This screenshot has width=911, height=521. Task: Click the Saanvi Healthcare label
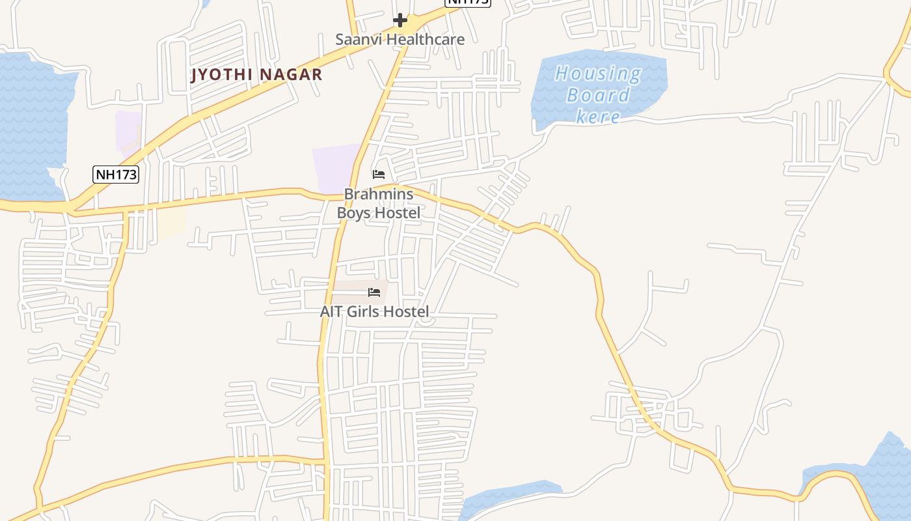point(400,39)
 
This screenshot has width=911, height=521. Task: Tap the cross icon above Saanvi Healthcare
point(400,21)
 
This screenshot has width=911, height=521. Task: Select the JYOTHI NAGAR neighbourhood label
point(256,74)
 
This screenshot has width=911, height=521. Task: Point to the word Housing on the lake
point(597,73)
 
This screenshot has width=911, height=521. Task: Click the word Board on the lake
point(597,95)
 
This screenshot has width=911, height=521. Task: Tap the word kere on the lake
point(597,117)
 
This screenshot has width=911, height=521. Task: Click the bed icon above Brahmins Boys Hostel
point(378,174)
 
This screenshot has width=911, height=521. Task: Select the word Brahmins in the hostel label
point(378,194)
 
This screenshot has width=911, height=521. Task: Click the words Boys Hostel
point(378,212)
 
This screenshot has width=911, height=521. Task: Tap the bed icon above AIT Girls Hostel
point(374,292)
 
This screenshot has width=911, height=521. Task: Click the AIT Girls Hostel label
point(374,311)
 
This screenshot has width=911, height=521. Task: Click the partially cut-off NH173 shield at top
point(467,3)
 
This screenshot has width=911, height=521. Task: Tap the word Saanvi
point(356,39)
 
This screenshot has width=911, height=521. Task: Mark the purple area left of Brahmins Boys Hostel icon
point(335,168)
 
